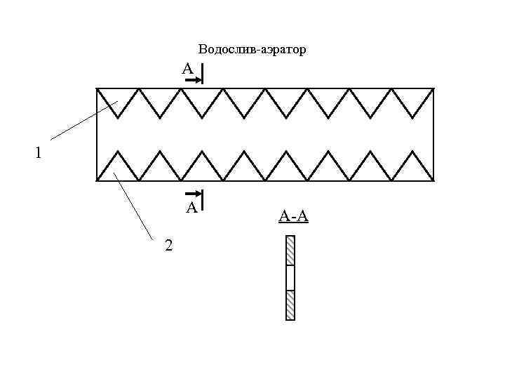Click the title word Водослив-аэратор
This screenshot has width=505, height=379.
[x=252, y=50]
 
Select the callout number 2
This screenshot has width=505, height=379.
[x=168, y=245]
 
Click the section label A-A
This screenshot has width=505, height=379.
[x=293, y=217]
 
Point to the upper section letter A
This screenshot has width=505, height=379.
[x=187, y=69]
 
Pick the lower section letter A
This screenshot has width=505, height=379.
[x=190, y=207]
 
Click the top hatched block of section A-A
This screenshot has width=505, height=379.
[x=290, y=251]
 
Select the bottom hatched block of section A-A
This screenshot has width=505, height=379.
[x=290, y=305]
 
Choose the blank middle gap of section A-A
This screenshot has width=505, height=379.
[x=290, y=278]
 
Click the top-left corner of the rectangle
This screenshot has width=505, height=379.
[x=97, y=88]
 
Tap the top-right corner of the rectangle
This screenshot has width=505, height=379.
[x=433, y=88]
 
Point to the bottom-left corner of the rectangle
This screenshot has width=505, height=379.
[x=97, y=180]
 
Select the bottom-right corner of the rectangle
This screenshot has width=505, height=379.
[x=433, y=180]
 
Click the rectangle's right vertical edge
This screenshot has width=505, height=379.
[x=433, y=133]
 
